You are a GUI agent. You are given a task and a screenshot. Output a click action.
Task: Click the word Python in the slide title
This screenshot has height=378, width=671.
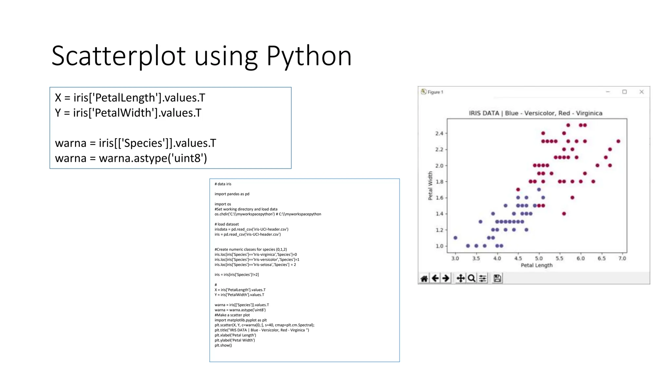[x=309, y=56]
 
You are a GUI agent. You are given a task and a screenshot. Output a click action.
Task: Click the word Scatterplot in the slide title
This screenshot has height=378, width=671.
[x=119, y=56]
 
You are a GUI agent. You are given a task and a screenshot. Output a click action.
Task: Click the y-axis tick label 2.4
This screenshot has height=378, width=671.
[x=439, y=133]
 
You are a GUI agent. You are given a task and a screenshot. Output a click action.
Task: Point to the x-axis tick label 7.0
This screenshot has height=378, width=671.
[x=622, y=259]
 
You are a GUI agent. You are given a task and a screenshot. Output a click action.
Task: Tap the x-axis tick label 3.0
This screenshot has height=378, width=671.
[x=455, y=259]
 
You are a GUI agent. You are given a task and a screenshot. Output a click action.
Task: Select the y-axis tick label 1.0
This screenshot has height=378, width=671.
[x=439, y=246]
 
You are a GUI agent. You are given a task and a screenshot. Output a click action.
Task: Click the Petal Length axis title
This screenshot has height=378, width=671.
[x=536, y=265]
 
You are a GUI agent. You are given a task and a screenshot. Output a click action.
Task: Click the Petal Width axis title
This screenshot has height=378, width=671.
[x=430, y=186]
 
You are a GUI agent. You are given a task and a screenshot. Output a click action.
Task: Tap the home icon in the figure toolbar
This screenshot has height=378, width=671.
[x=424, y=279]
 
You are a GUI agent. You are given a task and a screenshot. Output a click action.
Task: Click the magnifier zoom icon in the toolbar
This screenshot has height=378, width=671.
[x=471, y=279]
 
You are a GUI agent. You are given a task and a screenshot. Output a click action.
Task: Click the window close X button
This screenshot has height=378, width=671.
[x=642, y=92]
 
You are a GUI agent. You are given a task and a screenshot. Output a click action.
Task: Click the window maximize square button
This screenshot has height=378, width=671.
[x=624, y=92]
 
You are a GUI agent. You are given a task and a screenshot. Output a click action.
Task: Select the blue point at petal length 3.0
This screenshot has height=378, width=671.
[x=455, y=238]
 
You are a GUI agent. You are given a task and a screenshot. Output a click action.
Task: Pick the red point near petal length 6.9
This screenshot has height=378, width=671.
[x=618, y=141]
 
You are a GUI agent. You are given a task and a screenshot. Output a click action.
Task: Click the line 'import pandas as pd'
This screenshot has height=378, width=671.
[x=232, y=194]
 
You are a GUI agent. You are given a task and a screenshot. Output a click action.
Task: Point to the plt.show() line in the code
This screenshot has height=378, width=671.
[x=223, y=345]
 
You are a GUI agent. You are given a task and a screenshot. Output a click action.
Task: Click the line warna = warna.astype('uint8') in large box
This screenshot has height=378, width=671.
[x=131, y=158]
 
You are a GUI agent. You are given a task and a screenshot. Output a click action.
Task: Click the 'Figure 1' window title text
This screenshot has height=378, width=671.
[x=435, y=92]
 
